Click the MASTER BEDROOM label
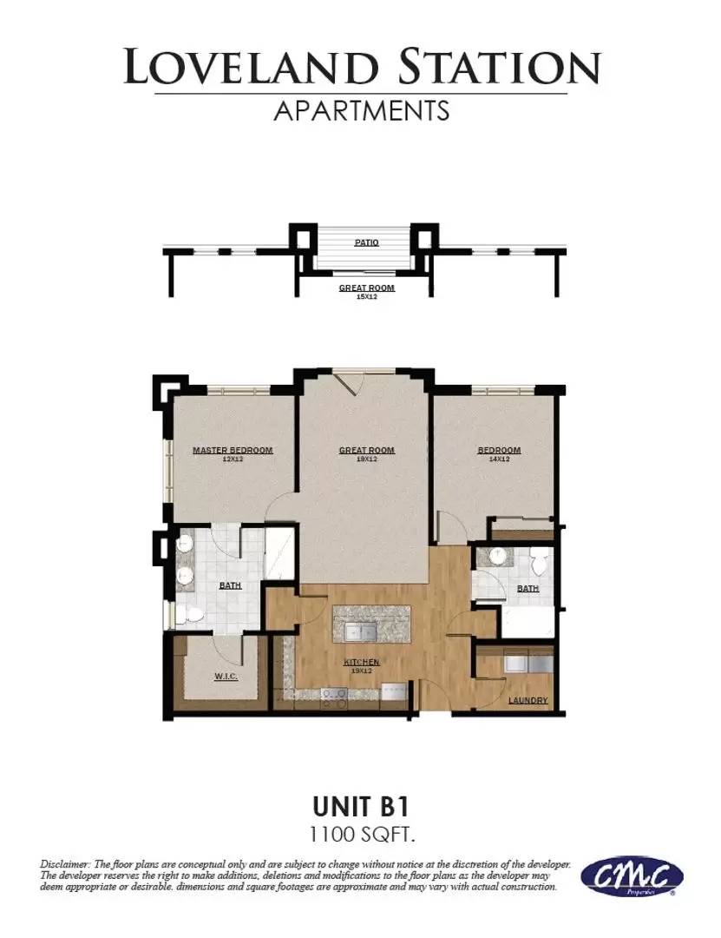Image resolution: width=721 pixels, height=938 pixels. click(233, 450)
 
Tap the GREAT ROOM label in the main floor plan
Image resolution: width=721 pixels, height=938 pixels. click(366, 450)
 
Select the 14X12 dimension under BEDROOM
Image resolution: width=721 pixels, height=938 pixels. click(499, 459)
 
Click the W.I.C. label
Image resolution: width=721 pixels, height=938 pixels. click(226, 676)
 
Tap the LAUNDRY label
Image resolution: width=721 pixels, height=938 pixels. click(528, 700)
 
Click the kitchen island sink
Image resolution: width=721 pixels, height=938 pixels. click(357, 629)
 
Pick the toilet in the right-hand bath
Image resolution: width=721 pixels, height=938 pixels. click(538, 565)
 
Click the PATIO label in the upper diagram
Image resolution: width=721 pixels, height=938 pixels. click(366, 243)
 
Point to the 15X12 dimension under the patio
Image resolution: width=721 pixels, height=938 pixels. click(366, 296)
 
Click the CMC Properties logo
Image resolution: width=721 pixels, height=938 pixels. click(631, 877)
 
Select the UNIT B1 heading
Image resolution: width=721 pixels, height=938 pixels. click(360, 807)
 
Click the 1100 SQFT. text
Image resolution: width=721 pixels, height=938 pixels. click(360, 836)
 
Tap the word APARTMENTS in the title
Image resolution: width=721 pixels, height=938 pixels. click(361, 110)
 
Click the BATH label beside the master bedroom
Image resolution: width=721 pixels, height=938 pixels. click(230, 585)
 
